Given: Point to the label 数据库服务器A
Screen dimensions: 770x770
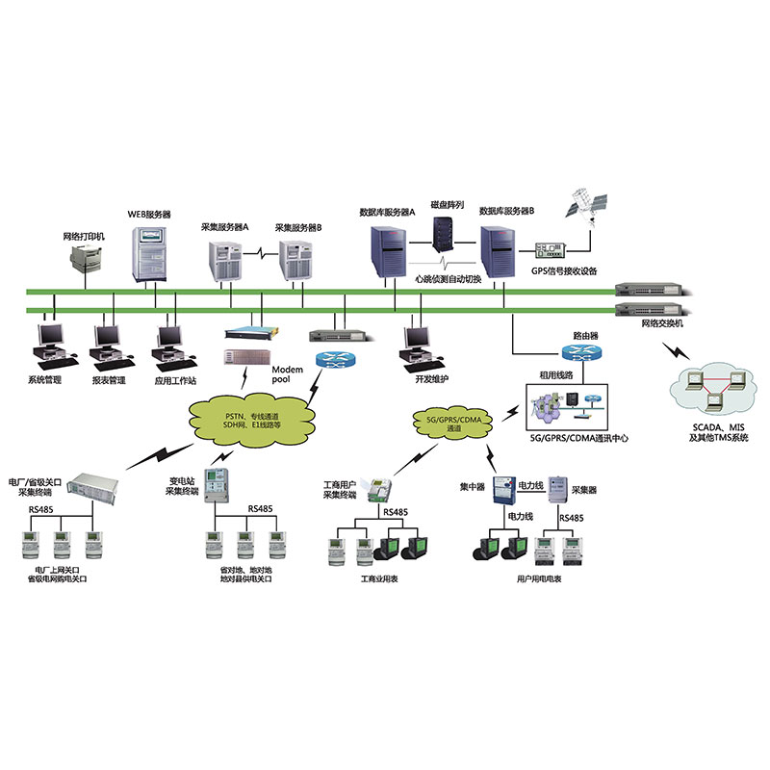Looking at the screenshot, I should pos(386,211).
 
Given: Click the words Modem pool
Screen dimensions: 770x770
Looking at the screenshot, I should pos(288,375).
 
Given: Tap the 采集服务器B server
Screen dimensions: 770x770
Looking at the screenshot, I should pos(297,259).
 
